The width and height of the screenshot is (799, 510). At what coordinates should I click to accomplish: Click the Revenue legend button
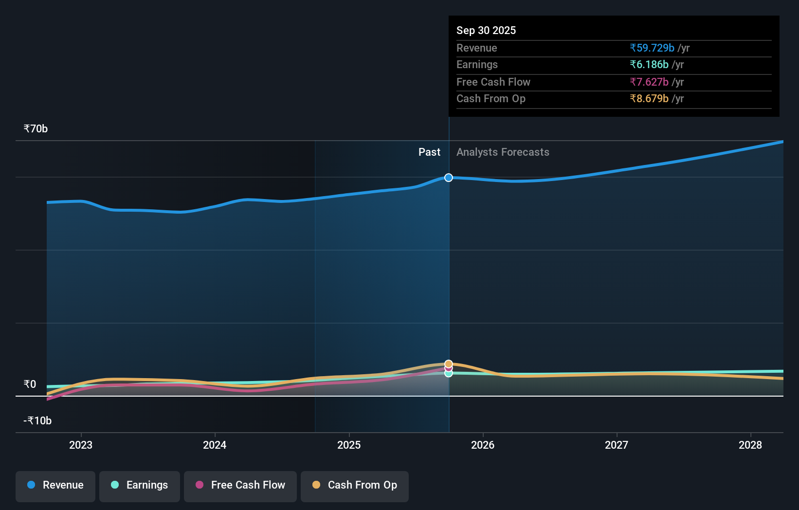[x=55, y=485]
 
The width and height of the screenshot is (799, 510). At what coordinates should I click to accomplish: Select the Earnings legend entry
[x=140, y=485]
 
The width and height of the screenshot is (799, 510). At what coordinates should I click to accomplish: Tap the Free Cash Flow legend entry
[x=240, y=485]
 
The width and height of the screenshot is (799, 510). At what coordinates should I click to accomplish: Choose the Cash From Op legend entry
[x=355, y=485]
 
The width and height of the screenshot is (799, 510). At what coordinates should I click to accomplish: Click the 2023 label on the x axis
[x=81, y=445]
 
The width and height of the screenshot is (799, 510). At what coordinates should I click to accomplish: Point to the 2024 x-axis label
[x=215, y=445]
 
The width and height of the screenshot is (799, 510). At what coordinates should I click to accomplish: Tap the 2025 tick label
[x=349, y=445]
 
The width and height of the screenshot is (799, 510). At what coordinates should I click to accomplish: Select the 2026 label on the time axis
[x=483, y=445]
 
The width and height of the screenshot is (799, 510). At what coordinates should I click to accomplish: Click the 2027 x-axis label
[x=617, y=445]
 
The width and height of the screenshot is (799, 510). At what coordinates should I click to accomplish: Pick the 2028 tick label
[x=750, y=445]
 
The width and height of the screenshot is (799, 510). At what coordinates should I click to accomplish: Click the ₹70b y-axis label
[x=36, y=129]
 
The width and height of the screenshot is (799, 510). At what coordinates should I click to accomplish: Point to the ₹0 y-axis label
[x=30, y=384]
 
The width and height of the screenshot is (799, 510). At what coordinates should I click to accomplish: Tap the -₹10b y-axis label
[x=37, y=421]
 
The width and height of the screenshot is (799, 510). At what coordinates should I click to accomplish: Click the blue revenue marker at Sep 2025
[x=449, y=178]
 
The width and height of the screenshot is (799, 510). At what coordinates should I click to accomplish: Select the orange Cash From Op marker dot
[x=449, y=364]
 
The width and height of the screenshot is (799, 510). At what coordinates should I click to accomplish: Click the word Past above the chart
[x=429, y=152]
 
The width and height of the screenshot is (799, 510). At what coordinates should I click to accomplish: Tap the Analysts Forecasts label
[x=503, y=152]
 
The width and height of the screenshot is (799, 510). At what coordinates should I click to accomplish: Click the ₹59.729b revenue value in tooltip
[x=652, y=48]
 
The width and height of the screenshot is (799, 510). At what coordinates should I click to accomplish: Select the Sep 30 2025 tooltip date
[x=486, y=31]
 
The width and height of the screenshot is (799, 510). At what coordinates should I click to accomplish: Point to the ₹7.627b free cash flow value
[x=649, y=82]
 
